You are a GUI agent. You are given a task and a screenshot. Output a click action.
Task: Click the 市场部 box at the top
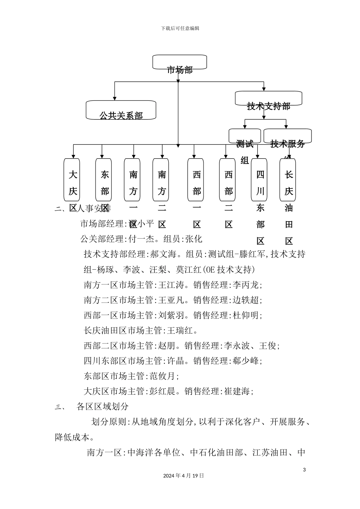click(x=180, y=62)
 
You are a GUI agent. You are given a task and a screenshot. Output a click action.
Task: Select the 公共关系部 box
click(x=121, y=110)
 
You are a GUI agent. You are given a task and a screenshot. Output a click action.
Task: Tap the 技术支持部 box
click(x=268, y=98)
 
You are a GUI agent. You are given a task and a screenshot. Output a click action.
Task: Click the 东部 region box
click(x=103, y=180)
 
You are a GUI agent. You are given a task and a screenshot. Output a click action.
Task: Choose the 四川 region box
click(x=259, y=180)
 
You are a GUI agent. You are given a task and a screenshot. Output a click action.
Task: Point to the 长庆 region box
click(x=288, y=180)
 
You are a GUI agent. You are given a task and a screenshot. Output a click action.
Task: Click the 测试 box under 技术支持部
click(x=244, y=136)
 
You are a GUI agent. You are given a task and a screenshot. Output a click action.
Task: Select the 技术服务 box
click(x=287, y=136)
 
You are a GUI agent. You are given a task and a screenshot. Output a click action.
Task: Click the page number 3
click(x=304, y=470)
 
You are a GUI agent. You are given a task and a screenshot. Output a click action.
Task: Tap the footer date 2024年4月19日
click(x=183, y=476)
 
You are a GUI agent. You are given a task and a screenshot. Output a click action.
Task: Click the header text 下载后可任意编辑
click(x=180, y=28)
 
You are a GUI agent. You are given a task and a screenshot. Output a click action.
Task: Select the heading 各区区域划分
click(x=103, y=407)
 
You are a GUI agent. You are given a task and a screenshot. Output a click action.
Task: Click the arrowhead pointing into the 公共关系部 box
click(x=114, y=98)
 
